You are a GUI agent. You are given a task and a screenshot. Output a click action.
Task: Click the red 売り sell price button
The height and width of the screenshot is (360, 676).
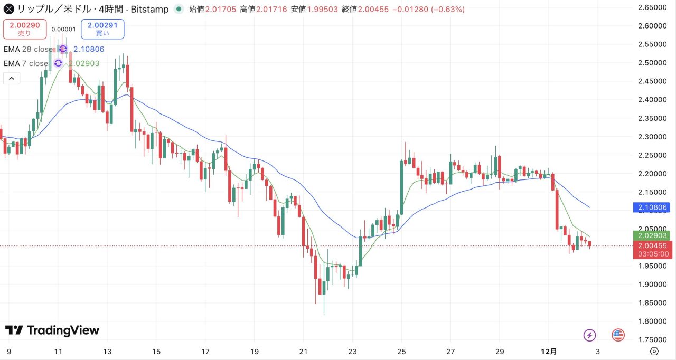click(25, 29)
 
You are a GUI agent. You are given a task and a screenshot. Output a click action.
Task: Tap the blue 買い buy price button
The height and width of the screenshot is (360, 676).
click(102, 29)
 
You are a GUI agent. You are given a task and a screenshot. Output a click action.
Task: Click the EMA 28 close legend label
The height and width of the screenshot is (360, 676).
click(28, 49)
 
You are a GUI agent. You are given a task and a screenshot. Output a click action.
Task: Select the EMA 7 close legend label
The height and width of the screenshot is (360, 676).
click(26, 63)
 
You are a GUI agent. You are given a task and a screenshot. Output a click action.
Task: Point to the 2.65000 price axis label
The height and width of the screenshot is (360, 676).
click(651, 7)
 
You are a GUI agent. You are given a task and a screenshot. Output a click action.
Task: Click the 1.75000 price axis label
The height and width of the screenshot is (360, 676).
click(651, 339)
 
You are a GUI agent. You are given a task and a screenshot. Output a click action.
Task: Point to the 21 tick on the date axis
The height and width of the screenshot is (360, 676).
click(303, 351)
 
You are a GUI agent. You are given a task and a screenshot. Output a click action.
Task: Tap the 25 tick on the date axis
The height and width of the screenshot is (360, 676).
click(401, 351)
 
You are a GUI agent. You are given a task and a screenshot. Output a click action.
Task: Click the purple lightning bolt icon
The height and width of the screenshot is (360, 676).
click(590, 335)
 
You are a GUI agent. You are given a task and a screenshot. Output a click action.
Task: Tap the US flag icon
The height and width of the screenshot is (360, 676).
click(618, 335)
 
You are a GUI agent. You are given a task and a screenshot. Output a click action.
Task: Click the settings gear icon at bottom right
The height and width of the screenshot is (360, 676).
click(654, 351)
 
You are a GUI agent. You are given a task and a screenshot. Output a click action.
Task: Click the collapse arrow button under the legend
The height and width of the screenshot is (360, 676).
click(12, 78)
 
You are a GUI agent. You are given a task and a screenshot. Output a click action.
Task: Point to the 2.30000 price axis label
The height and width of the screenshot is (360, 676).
click(651, 137)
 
